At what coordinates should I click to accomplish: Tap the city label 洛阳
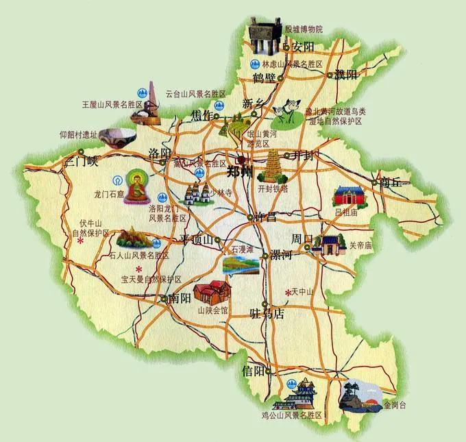point(160,152)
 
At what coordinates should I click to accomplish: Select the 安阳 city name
point(303,47)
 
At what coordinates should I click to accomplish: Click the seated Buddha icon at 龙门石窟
point(137,185)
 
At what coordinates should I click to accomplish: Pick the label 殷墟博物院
point(304,30)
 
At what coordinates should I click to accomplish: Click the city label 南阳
point(180,299)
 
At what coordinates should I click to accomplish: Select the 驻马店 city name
point(267,315)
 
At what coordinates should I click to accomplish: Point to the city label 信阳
point(254,371)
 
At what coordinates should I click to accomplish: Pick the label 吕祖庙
point(345,212)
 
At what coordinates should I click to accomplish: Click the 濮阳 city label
point(347,75)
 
